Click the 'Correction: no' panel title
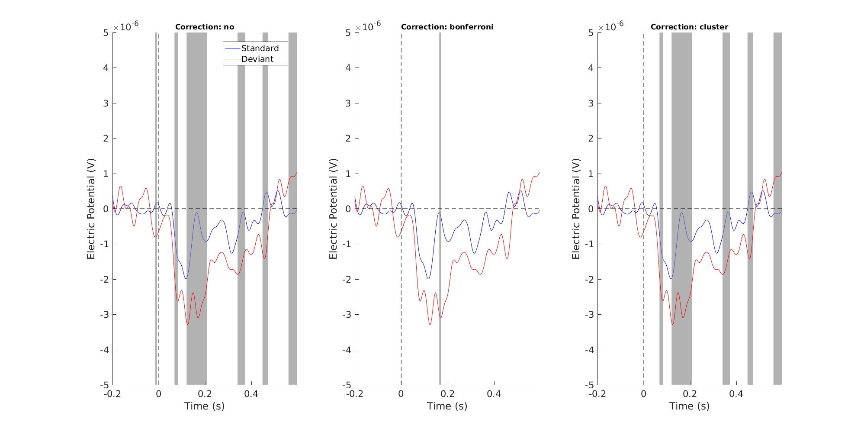point(205,27)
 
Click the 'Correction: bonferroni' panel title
point(447,27)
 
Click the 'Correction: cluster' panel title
point(689,27)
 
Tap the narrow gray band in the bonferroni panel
point(440,208)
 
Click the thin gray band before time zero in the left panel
point(156,208)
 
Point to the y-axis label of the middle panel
point(333,209)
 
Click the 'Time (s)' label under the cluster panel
point(689,406)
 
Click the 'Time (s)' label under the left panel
point(204,406)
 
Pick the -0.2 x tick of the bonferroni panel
point(355,394)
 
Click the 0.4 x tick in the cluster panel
point(736,394)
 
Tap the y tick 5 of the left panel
point(106,33)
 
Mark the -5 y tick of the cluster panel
point(589,385)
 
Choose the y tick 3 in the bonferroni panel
point(348,103)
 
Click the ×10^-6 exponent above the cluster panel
point(610,26)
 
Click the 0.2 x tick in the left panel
point(205,394)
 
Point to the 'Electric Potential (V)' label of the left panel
point(91,209)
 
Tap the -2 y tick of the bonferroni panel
point(346,280)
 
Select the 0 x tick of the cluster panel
point(644,394)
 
